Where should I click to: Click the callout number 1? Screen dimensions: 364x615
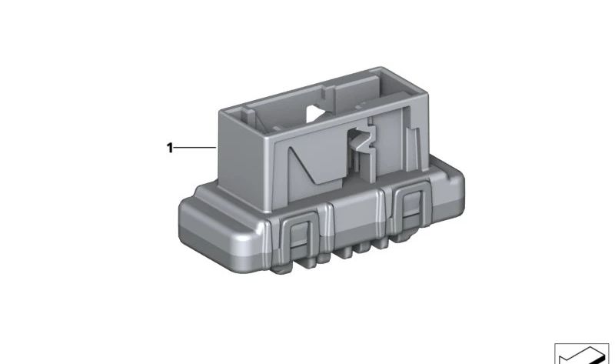(170, 148)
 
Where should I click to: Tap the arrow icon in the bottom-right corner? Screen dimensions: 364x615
(582, 353)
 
